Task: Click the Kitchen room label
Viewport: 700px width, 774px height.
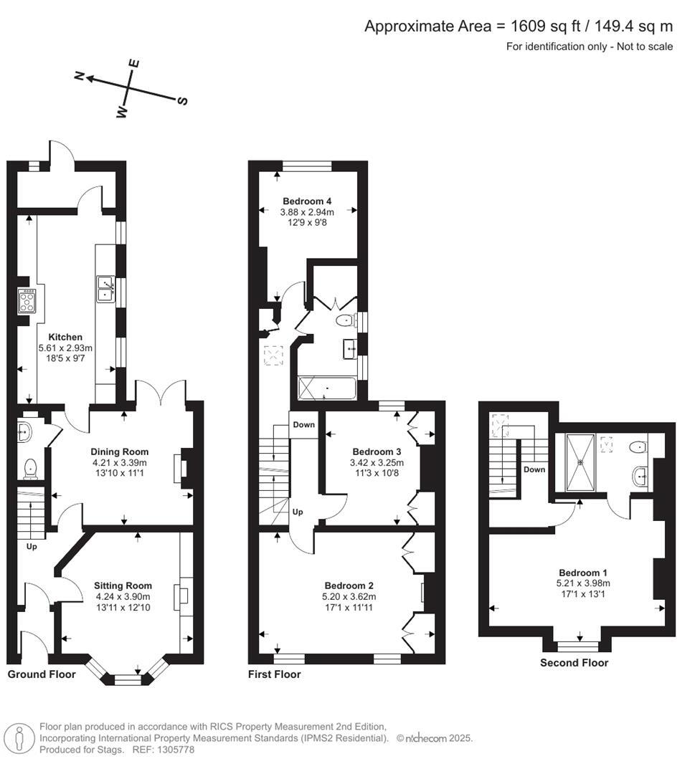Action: [65, 337]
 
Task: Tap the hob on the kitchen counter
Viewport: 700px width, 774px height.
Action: [28, 301]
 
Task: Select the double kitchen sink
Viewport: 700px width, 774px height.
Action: [105, 287]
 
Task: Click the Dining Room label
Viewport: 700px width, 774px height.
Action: [120, 451]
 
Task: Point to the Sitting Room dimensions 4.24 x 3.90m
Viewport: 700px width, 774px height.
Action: [123, 596]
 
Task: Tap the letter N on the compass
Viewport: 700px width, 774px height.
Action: [81, 75]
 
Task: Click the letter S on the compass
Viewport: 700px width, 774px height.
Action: [182, 101]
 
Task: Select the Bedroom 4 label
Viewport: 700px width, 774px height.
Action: [307, 201]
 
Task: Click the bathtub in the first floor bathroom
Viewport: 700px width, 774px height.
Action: [326, 389]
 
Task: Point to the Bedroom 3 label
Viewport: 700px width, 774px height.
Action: [377, 451]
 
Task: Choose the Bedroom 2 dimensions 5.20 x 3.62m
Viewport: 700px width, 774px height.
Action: [350, 596]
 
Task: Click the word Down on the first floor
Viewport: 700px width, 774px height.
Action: [303, 425]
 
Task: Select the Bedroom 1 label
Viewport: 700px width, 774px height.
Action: [583, 573]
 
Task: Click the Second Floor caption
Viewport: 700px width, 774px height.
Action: [574, 663]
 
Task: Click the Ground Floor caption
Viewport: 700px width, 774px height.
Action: [42, 674]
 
